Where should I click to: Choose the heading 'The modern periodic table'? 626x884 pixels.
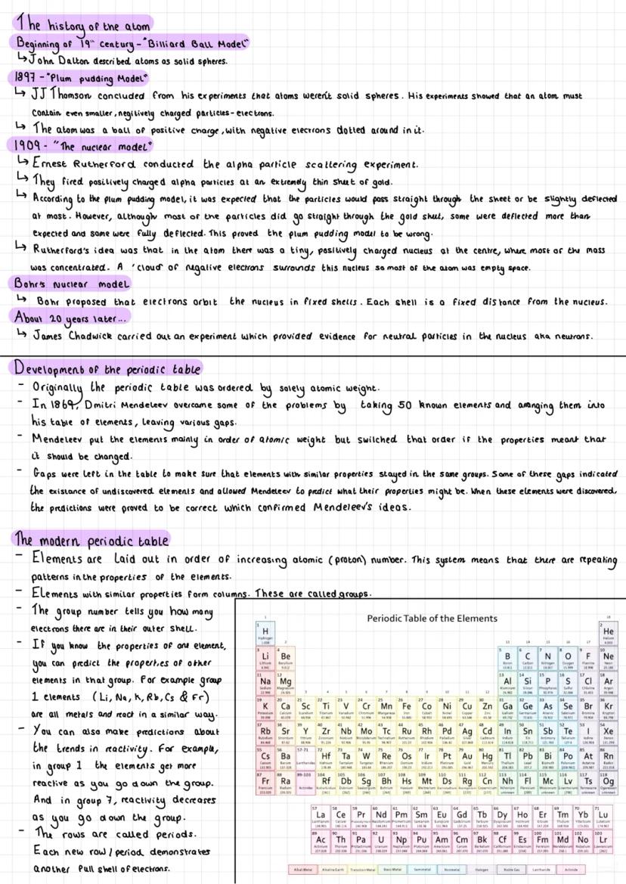pyautogui.click(x=92, y=539)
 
